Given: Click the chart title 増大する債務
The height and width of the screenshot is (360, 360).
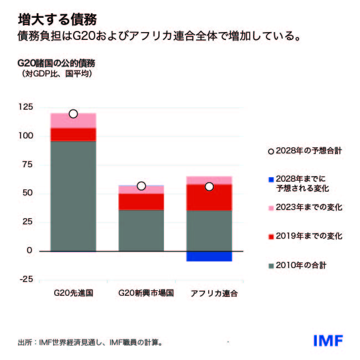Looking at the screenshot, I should pos(57,19).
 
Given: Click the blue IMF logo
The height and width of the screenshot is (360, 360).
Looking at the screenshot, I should pos(328,340).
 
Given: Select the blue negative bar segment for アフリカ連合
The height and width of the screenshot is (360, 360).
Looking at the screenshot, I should pos(209,256).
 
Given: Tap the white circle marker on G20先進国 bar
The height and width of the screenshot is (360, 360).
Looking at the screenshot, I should pos(73,114).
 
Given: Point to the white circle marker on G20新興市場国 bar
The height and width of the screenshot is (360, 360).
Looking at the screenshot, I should pos(141,186).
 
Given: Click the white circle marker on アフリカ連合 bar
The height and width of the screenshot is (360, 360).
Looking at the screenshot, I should pos(209,187).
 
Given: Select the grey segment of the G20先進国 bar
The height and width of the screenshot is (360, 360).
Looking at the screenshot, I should pos(73,197).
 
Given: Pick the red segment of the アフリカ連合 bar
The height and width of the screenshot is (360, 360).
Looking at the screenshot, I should pos(209,197).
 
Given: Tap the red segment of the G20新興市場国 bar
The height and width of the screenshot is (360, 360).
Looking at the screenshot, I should pos(141,202).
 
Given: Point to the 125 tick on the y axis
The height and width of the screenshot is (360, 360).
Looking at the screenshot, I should pos(25,107).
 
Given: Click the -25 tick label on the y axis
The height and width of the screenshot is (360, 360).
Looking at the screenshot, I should pos(25,279).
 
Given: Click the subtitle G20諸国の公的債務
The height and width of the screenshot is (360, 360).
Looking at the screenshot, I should pos(56,63).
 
